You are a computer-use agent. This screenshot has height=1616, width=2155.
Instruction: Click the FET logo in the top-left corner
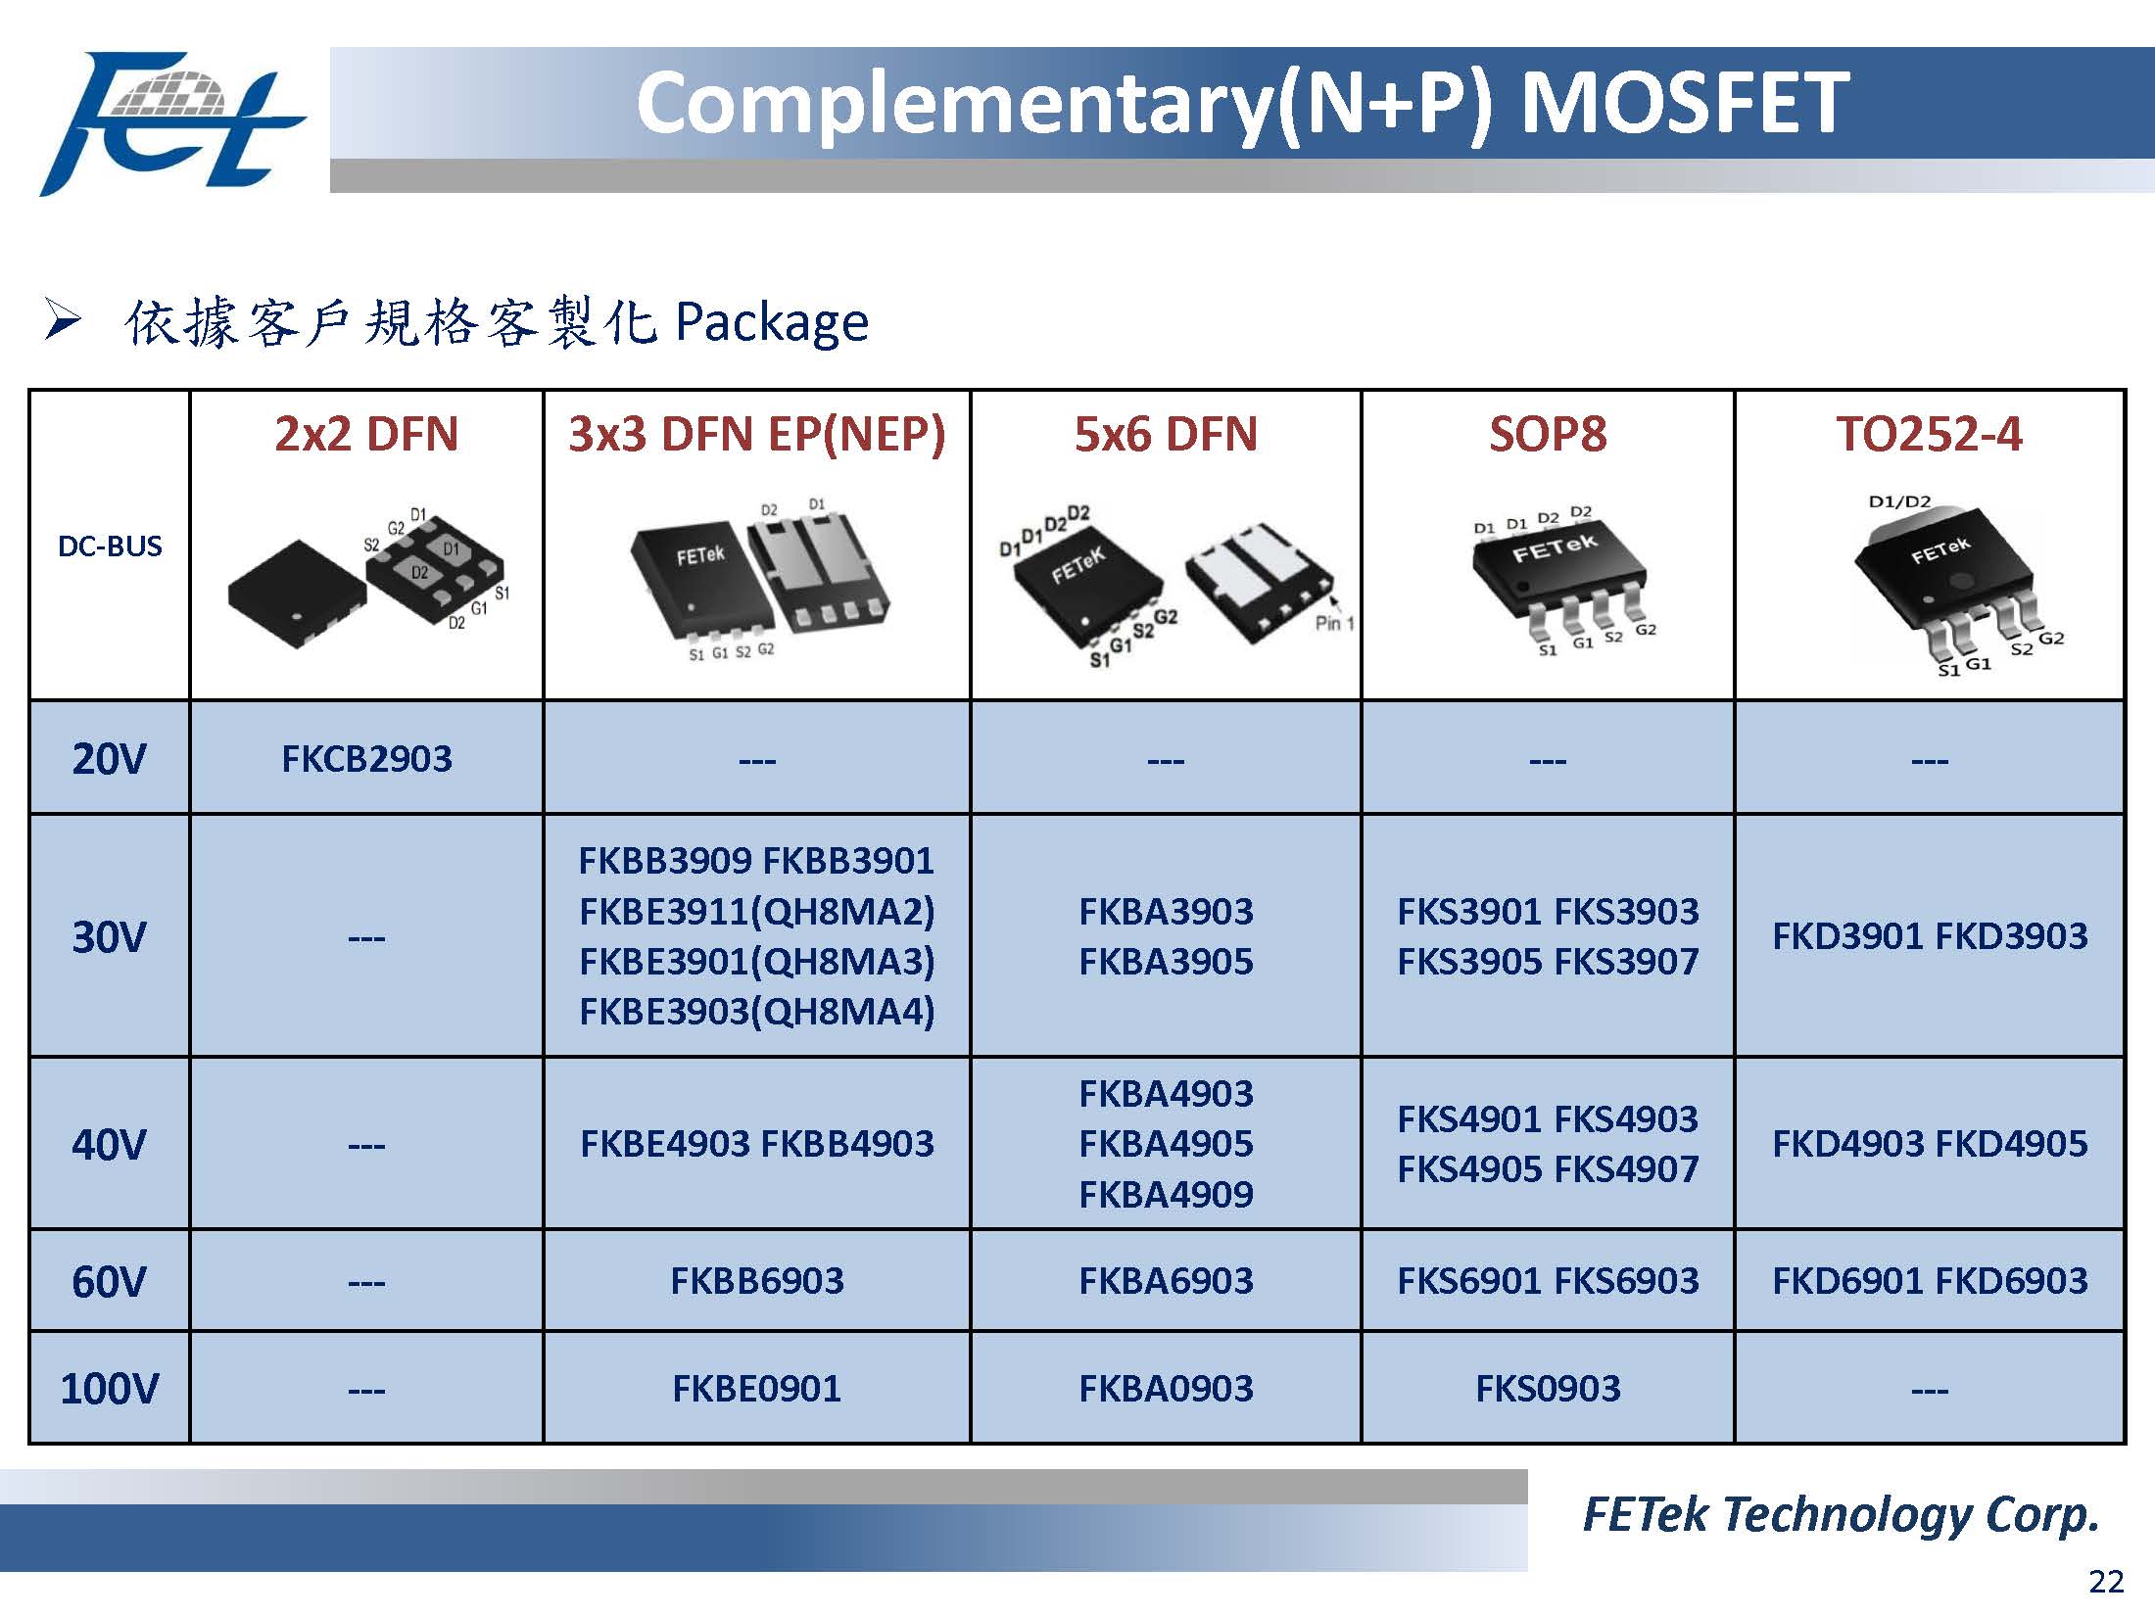point(171,123)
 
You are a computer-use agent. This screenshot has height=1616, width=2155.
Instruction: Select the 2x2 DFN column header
point(366,434)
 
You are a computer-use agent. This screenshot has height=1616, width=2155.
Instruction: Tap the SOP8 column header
point(1548,434)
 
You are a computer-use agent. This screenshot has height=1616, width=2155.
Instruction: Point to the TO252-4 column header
point(1929,434)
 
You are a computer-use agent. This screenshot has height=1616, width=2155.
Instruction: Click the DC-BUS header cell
point(110,546)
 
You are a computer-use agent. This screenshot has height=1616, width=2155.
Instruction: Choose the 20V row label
point(109,758)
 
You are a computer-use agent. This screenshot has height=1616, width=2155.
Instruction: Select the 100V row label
point(109,1388)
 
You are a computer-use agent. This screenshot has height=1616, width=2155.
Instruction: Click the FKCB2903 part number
point(366,758)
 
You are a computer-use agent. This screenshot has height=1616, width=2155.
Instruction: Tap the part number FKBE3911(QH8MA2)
point(756,911)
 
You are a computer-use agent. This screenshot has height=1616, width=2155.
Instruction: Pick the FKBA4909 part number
point(1166,1194)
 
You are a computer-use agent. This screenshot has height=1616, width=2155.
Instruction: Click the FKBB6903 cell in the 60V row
point(756,1280)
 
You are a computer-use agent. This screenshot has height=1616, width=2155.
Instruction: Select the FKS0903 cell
point(1548,1388)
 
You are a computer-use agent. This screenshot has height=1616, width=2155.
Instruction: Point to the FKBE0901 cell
point(756,1388)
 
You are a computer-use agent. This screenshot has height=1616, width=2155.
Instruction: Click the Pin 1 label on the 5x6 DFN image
point(1334,623)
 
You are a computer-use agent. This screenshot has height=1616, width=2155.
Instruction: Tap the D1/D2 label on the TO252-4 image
point(1899,502)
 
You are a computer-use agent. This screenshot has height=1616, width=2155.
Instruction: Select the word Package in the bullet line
point(772,322)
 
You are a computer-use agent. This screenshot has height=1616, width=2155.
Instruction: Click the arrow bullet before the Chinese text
point(62,320)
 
